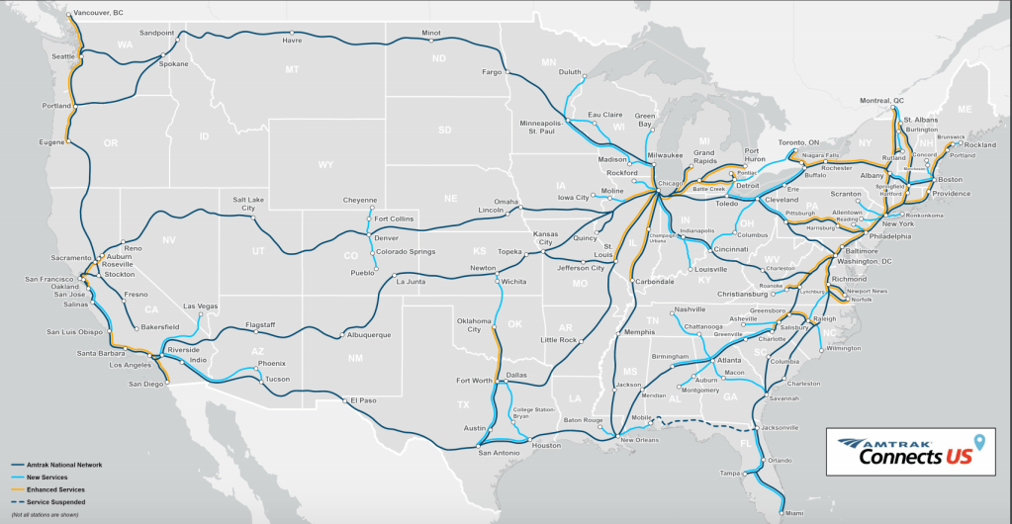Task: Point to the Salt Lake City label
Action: [250, 204]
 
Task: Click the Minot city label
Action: [431, 33]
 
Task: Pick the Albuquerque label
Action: [369, 334]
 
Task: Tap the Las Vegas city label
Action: [201, 306]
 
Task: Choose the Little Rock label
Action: [558, 339]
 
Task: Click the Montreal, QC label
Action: [881, 100]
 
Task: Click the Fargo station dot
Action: [506, 71]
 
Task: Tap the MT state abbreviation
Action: [292, 69]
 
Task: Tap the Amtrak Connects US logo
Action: [909, 452]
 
